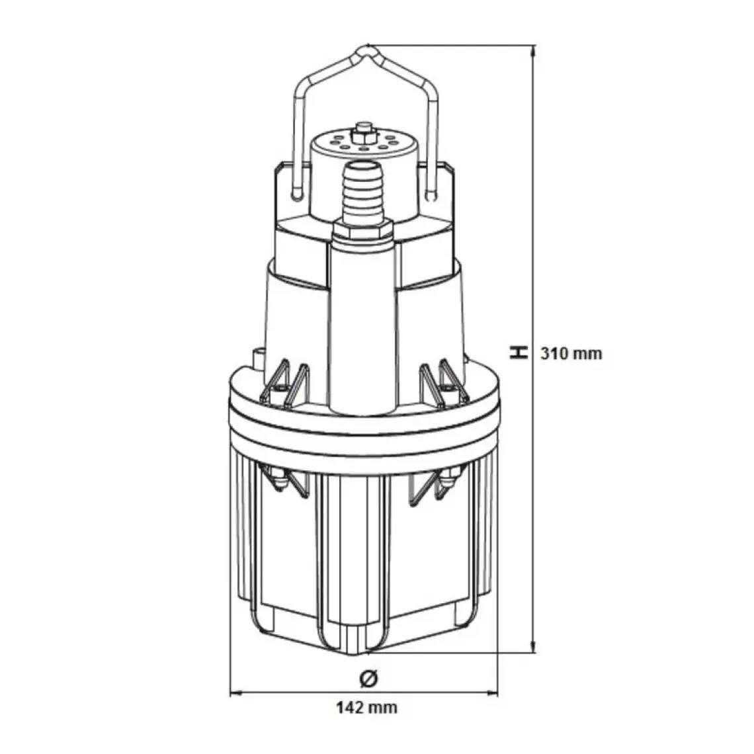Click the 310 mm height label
coord(571,353)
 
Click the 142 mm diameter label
coord(366,707)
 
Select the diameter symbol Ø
coord(369,679)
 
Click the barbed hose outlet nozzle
coord(364,192)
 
